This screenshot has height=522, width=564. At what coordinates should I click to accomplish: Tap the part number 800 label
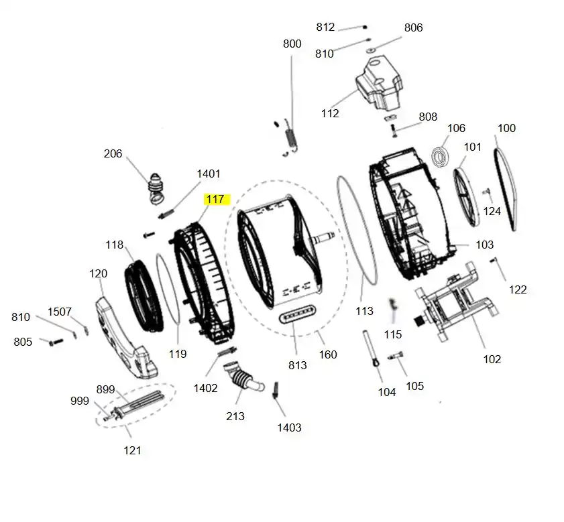coord(292,44)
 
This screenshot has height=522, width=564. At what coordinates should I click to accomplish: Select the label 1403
coord(289,427)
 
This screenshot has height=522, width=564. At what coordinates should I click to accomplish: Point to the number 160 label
coord(327,354)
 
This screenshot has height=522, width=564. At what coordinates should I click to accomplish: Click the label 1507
coord(59,312)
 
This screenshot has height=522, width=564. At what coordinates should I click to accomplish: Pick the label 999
coord(80,401)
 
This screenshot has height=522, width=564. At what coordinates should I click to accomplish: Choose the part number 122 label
coord(518,289)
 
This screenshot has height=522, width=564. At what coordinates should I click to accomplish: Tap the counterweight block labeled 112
coord(379,84)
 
